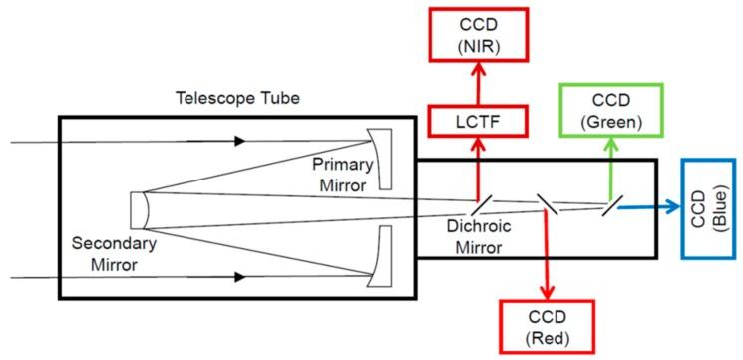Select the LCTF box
pos(477,121)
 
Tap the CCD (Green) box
pos(609,110)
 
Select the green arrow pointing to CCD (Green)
pos(609,166)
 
